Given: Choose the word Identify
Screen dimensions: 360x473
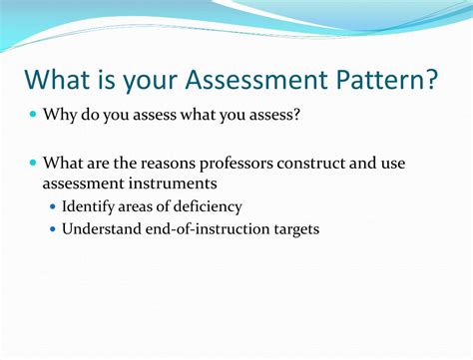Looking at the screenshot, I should point(90,206).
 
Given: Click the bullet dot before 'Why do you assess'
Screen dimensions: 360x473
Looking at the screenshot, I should point(32,116).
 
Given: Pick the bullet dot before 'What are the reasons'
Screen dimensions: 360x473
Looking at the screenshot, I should point(32,162).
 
